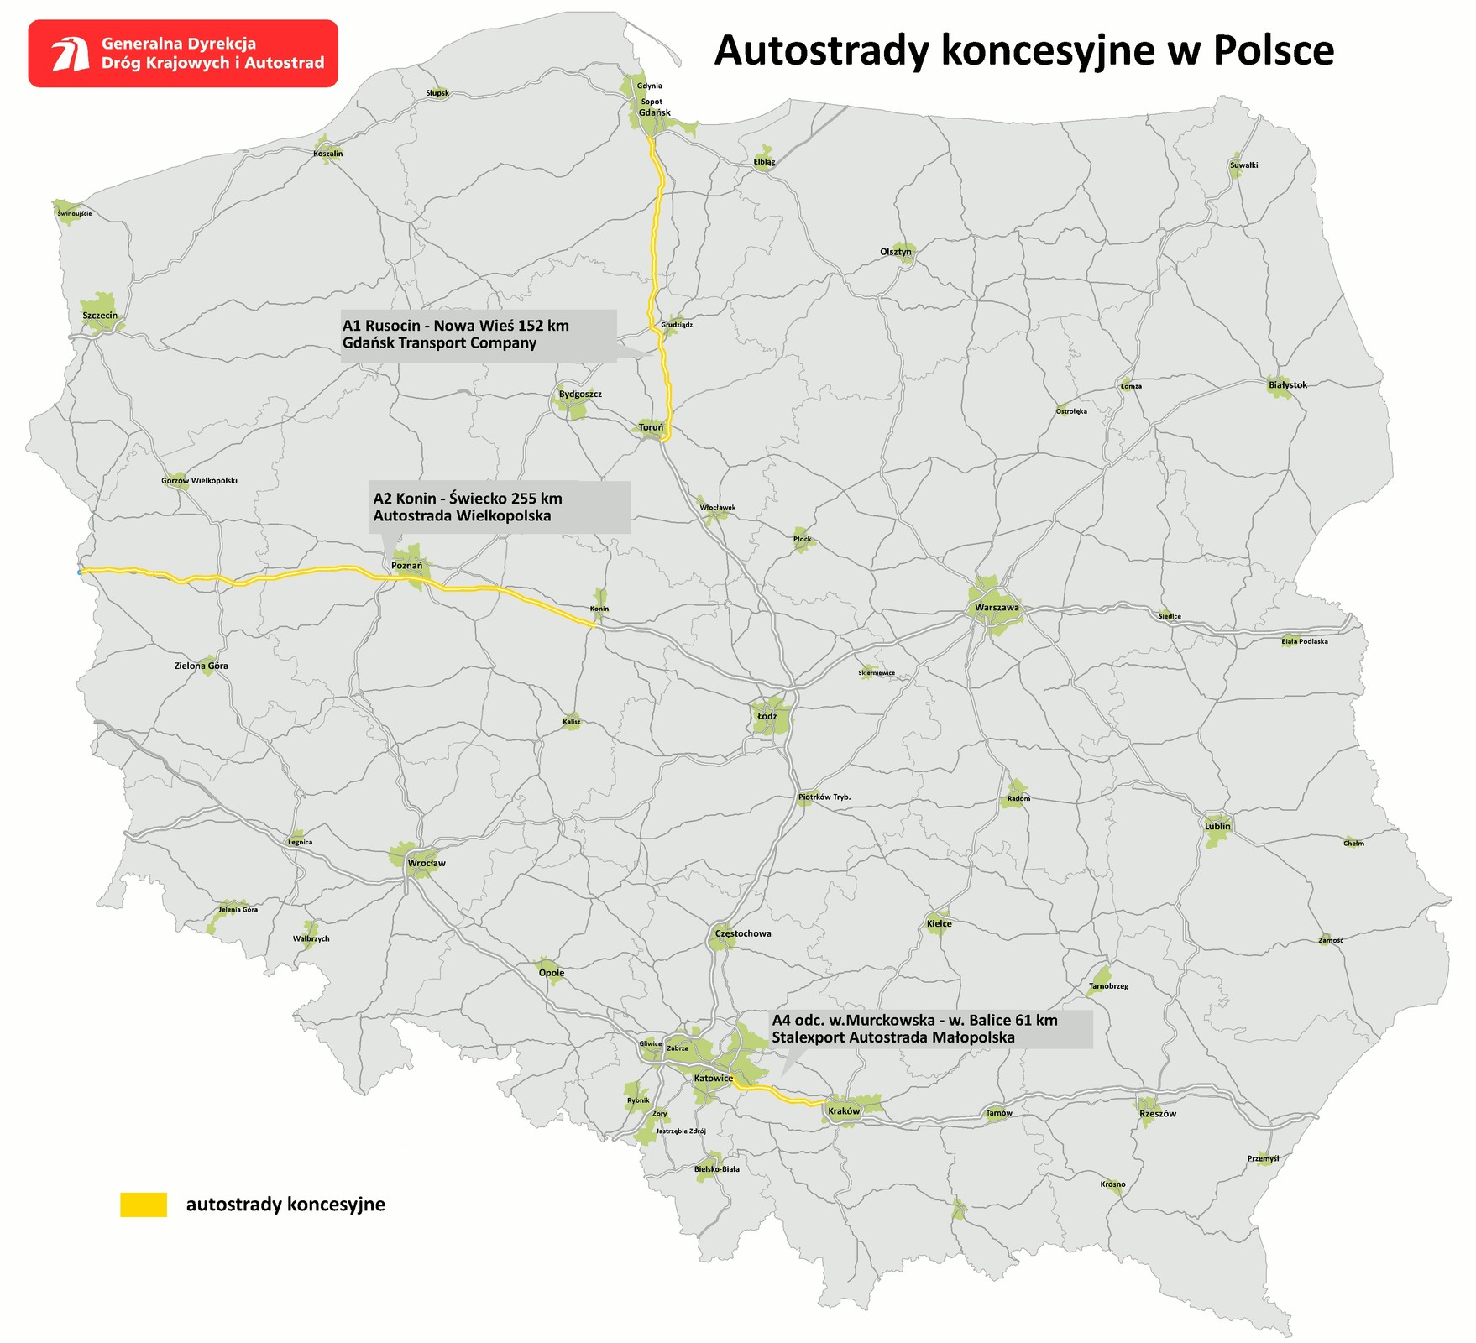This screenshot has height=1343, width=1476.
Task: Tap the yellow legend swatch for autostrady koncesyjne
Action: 144,1205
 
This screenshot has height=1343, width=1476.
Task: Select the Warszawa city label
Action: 997,608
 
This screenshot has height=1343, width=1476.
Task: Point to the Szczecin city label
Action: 100,316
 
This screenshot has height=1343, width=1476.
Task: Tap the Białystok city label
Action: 1288,385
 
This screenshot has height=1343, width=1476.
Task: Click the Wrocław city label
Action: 427,863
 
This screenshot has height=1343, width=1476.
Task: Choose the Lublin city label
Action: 1217,826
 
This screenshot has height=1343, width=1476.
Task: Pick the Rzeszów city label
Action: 1158,1114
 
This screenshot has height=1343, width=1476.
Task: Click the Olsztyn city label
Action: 896,252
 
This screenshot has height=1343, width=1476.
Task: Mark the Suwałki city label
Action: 1244,165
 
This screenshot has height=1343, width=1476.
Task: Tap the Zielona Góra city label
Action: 202,666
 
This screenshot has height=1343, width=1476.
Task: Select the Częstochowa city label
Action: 743,933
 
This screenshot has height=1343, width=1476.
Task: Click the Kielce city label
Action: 940,923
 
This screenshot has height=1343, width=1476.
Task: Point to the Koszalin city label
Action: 327,154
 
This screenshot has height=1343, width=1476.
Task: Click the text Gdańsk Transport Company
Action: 439,343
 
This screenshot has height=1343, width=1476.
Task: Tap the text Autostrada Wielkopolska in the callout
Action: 462,515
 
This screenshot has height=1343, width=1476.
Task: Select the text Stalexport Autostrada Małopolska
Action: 893,1037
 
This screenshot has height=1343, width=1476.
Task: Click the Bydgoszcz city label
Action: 580,394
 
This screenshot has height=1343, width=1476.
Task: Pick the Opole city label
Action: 552,973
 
